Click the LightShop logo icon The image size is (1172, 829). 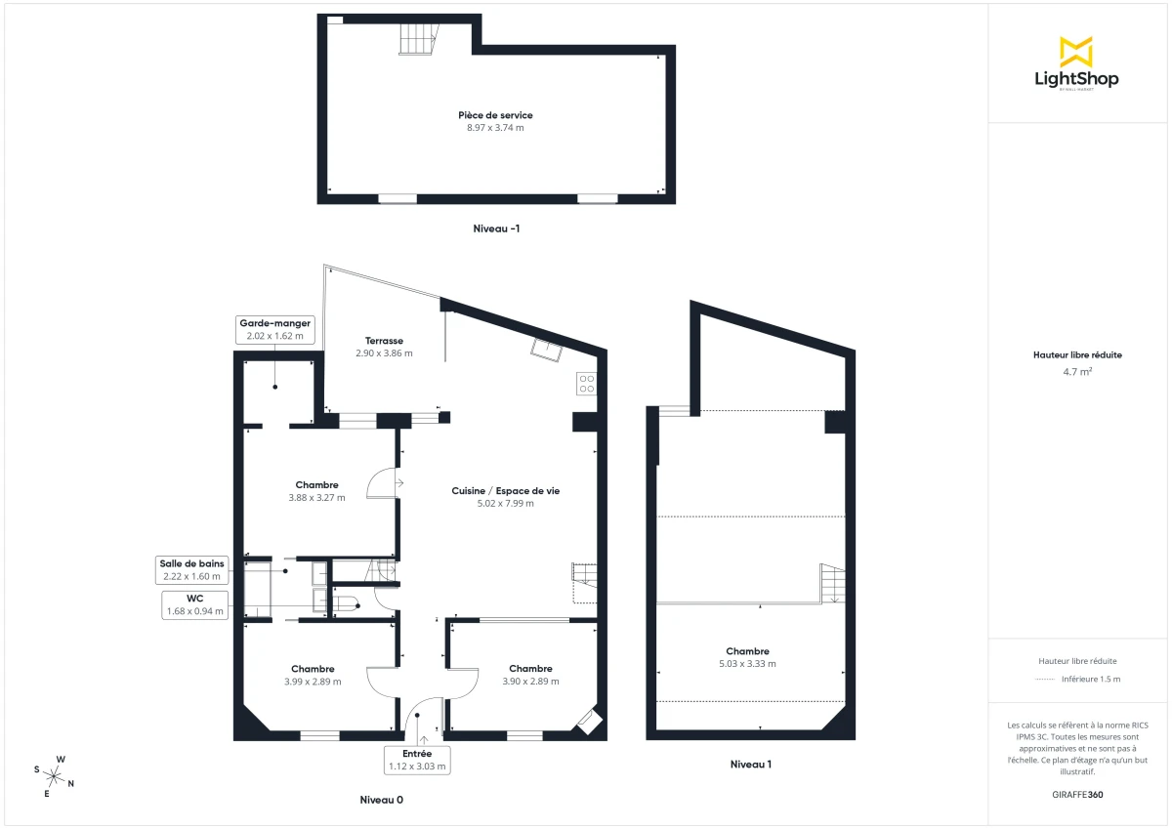[x=1076, y=52]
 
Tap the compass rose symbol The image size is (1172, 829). [x=56, y=777]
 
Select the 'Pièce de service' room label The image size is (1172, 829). [x=496, y=115]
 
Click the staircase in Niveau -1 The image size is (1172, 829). [x=417, y=40]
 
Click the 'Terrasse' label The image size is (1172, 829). [x=384, y=341]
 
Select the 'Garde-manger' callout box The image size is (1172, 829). [x=274, y=329]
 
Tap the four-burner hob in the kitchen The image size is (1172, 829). [x=586, y=383]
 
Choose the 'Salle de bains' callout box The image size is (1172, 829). [x=192, y=569]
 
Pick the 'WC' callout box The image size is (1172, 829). [x=194, y=604]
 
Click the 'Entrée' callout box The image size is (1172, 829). [x=417, y=760]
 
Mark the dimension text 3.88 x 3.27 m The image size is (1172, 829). [x=316, y=498]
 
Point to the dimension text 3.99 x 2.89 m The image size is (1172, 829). [x=313, y=682]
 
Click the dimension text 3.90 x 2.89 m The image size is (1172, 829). [x=530, y=682]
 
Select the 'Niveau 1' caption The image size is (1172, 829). [x=751, y=765]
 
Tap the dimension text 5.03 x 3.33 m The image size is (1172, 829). [x=747, y=664]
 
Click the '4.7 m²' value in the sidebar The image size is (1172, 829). [x=1076, y=372]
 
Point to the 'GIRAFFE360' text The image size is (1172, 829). [x=1076, y=794]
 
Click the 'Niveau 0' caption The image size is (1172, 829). [x=381, y=800]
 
